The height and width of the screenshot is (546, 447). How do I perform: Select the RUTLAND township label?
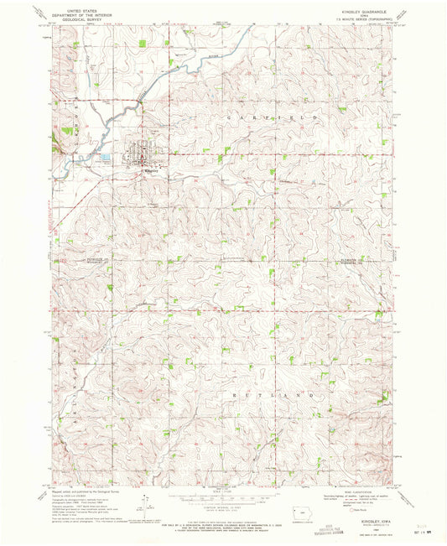(x=276, y=393)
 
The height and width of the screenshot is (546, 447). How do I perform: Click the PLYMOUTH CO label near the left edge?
(x=96, y=260)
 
